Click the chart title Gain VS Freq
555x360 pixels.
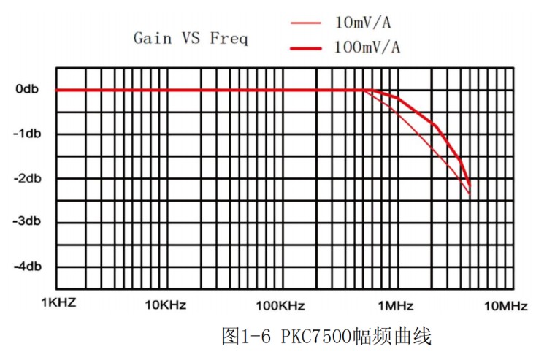191,38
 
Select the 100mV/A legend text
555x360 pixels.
367,48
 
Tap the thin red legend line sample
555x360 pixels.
306,23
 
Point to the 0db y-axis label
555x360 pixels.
28,89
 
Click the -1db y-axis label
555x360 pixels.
28,134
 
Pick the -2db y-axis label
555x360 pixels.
28,178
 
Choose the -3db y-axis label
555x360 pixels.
28,222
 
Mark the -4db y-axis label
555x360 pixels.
28,267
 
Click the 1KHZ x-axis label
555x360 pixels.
58,304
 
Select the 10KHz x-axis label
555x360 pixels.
166,305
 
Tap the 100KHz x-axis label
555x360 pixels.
280,305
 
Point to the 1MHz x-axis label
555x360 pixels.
396,305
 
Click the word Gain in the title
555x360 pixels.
152,38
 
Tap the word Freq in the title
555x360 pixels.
229,38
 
